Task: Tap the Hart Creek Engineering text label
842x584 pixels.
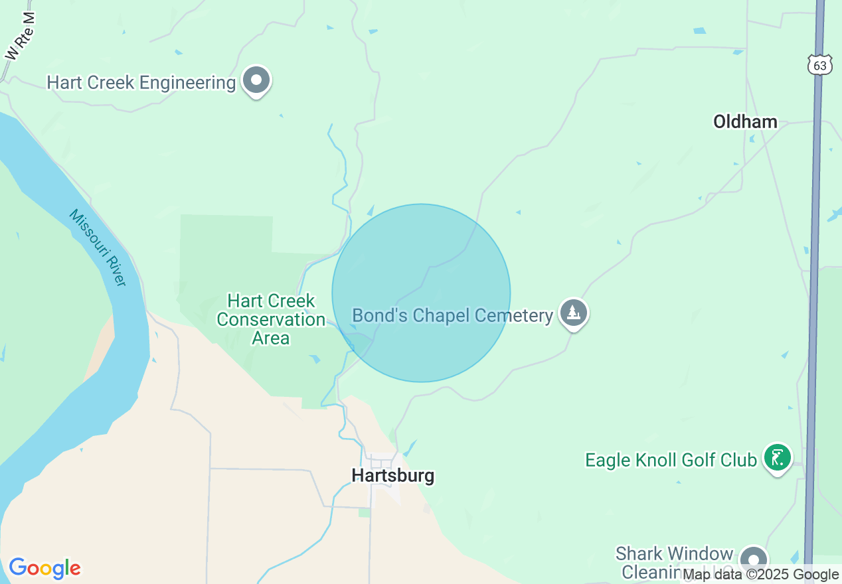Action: coord(141,83)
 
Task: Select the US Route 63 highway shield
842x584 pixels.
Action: coord(821,64)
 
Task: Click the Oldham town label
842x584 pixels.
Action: coord(745,121)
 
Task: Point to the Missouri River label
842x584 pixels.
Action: coord(98,248)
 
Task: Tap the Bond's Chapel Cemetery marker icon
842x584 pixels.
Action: coord(573,313)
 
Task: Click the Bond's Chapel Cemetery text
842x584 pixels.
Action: coord(452,315)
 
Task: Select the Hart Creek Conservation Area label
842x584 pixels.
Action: coord(271,319)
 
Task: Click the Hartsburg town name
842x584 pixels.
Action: coord(393,475)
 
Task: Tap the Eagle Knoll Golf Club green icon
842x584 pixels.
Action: coord(778,458)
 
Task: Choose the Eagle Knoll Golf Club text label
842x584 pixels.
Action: coord(671,460)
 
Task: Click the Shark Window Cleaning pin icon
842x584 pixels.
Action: coord(754,559)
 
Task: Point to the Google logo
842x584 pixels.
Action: coord(44,568)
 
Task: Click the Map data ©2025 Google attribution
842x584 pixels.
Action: coord(760,575)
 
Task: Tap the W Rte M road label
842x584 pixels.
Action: coord(21,36)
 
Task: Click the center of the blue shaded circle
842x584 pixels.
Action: coord(421,293)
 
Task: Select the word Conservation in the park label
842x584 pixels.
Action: coord(271,319)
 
